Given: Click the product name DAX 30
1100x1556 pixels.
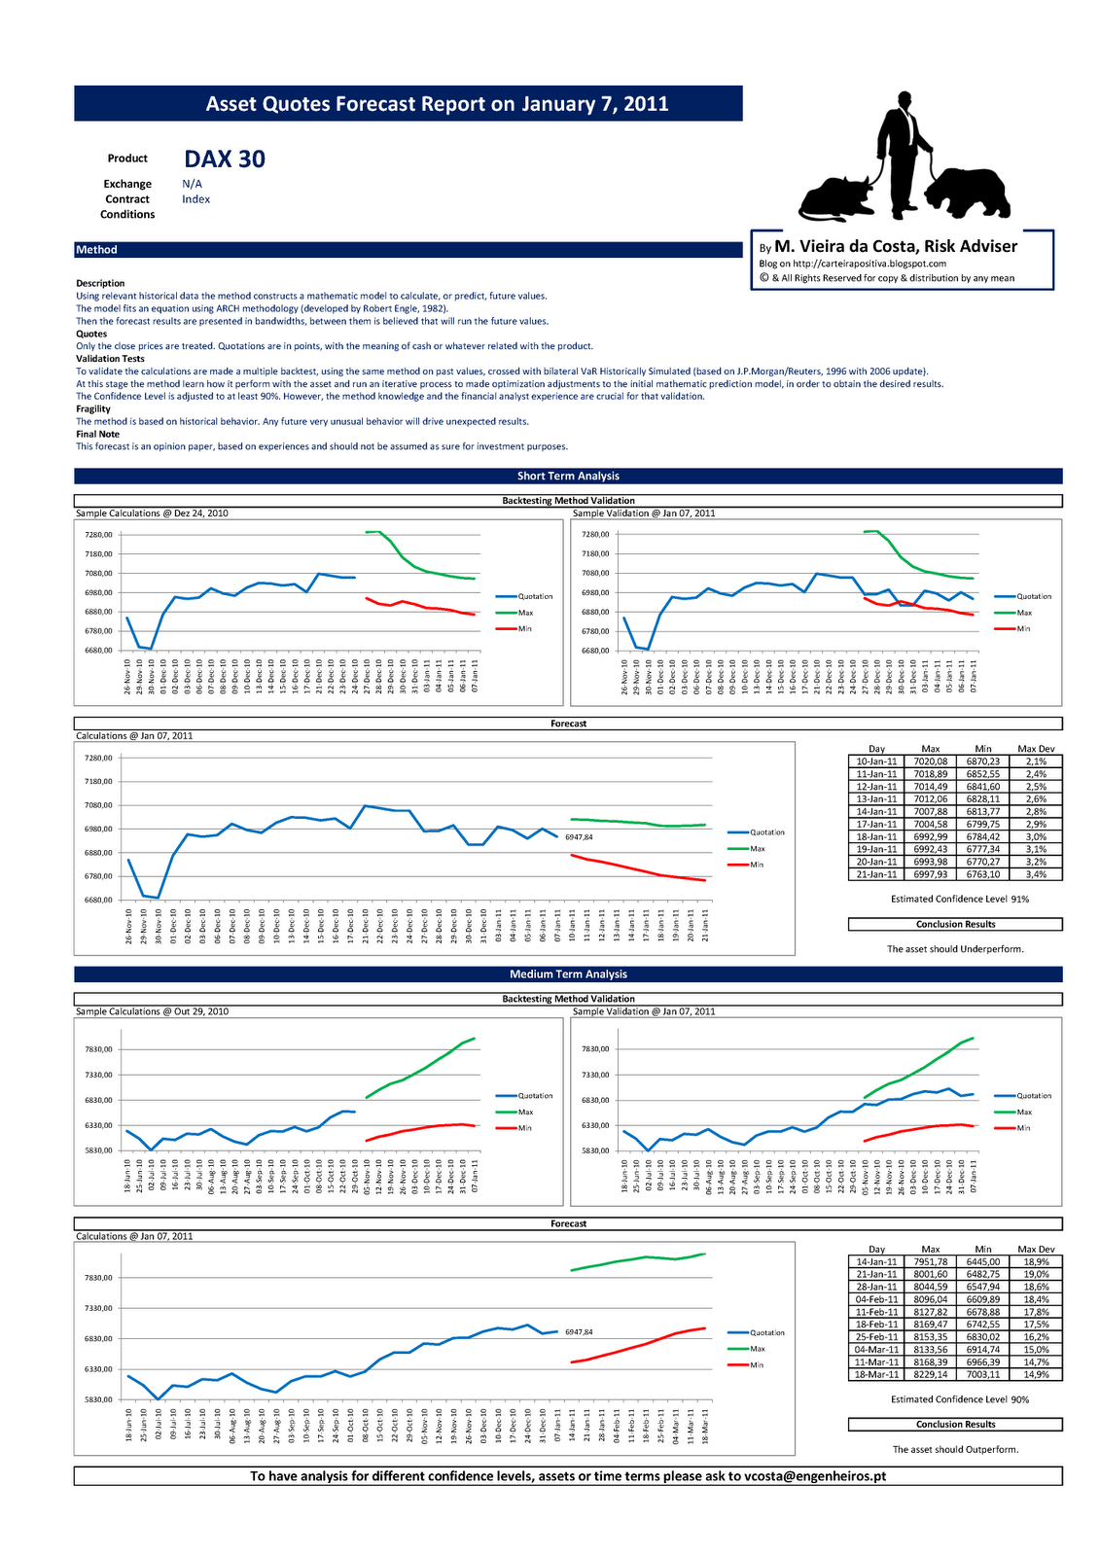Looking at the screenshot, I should point(225,159).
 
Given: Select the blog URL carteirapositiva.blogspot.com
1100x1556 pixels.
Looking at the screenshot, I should point(869,264).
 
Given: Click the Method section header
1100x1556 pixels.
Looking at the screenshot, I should point(97,250).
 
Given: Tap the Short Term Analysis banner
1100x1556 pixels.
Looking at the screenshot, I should point(568,477).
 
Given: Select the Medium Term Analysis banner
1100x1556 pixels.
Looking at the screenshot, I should point(568,974).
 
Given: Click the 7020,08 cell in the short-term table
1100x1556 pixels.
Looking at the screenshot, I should point(930,761).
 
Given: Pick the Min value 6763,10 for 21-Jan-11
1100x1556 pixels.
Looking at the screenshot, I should point(982,874).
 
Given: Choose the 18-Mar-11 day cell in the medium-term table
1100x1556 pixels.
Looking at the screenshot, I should point(876,1374).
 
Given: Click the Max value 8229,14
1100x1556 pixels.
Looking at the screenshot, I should point(930,1374).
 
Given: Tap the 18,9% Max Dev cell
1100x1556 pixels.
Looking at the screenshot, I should point(1036,1261).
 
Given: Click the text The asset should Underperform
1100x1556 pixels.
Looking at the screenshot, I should point(955,949).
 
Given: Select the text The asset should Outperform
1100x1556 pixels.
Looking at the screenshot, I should point(955,1449).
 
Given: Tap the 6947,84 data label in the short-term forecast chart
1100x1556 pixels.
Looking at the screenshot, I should point(579,836).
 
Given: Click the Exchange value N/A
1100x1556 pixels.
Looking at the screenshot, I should point(192,184).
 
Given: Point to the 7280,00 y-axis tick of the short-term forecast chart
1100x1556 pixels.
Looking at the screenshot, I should point(99,759).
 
